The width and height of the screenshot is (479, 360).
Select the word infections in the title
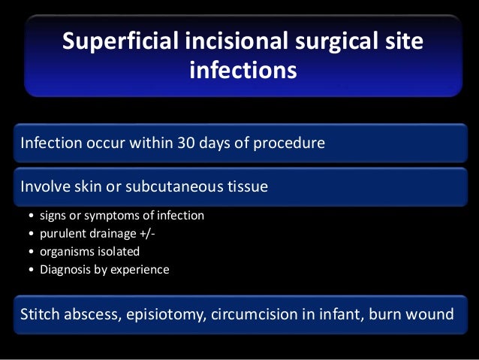(243, 71)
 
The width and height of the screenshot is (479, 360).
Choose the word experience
(140, 269)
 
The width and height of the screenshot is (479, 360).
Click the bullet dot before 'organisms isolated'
(31, 252)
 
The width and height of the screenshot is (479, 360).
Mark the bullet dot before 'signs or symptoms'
(31, 216)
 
